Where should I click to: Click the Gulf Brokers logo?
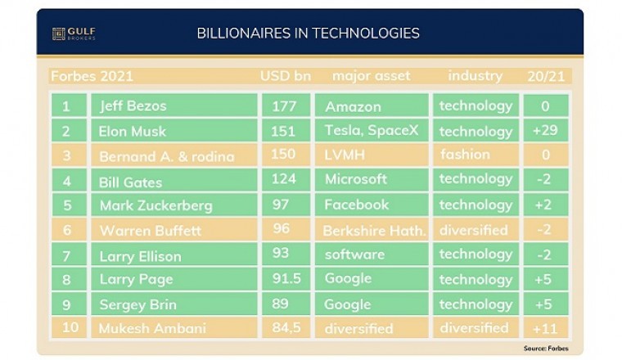pos(74,34)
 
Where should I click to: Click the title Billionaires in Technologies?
pos(309,34)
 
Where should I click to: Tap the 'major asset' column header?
pos(372,77)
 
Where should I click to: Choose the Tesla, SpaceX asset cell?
pos(372,131)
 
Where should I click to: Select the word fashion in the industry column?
pos(466,155)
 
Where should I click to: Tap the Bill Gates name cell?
pos(131,182)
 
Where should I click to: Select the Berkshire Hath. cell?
pos(375,231)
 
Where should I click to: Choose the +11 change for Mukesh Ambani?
pos(544,329)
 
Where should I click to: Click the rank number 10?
pos(69,329)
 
